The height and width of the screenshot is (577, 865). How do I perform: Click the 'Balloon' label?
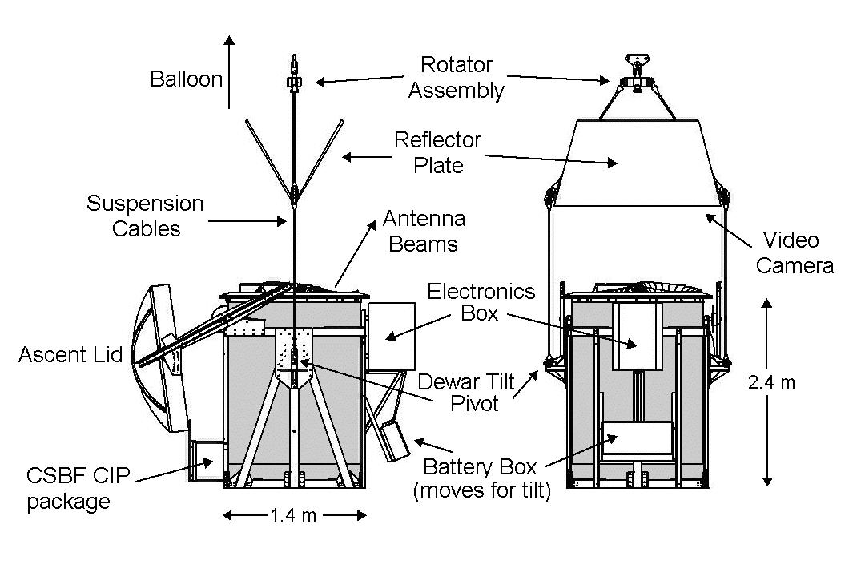tap(187, 79)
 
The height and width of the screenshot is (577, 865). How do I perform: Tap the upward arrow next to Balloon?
tap(230, 72)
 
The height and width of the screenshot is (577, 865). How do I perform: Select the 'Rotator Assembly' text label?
tap(456, 77)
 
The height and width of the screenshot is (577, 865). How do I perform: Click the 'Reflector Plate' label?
tap(437, 152)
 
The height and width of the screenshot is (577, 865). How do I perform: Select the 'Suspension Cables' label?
tap(145, 216)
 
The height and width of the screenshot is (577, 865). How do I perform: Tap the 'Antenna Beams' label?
tap(424, 230)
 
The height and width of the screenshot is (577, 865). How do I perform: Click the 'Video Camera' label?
tap(795, 252)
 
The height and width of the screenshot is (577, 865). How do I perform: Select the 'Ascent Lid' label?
tap(70, 353)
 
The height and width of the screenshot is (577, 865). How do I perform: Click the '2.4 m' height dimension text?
tap(771, 382)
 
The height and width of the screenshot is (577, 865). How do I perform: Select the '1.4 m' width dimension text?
tap(294, 515)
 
